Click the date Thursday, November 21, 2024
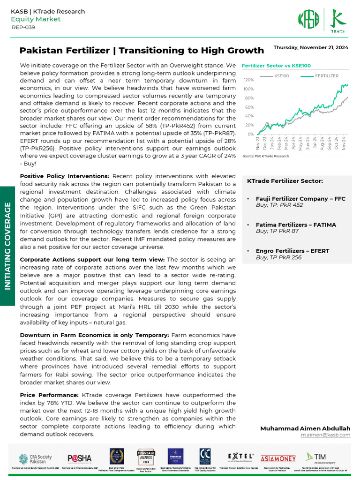click(310, 47)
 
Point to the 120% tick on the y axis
click(248, 80)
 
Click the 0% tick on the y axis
click(250, 134)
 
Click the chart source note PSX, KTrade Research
click(265, 156)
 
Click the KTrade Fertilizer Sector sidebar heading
click(285, 181)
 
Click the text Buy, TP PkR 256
click(278, 257)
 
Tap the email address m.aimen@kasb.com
click(325, 435)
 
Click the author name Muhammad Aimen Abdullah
click(305, 428)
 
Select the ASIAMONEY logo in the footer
click(277, 457)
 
